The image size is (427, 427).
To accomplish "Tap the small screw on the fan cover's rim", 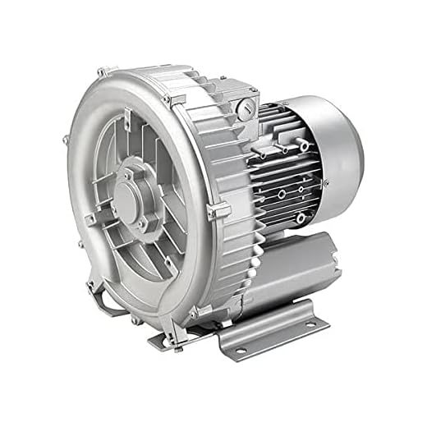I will click(x=325, y=182).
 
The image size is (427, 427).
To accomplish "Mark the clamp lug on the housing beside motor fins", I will click(x=213, y=213).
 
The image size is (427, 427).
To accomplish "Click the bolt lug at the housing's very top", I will click(x=102, y=72).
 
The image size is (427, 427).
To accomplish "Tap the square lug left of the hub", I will click(x=91, y=219).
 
